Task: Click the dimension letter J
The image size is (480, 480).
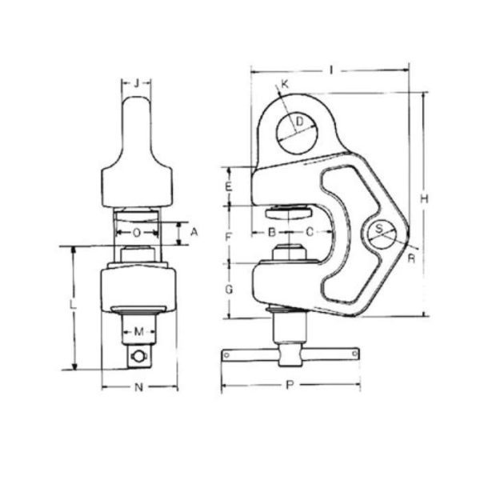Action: [x=138, y=82]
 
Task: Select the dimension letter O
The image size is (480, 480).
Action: [x=137, y=233]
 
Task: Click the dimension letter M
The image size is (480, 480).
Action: [x=138, y=332]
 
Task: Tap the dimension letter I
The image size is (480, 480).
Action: [x=330, y=70]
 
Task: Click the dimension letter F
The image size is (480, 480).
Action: [x=228, y=237]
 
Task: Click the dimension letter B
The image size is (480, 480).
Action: [x=272, y=233]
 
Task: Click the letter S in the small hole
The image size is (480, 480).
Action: [x=381, y=230]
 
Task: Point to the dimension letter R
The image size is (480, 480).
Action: [x=410, y=258]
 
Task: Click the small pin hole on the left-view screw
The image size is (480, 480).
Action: [x=141, y=357]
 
